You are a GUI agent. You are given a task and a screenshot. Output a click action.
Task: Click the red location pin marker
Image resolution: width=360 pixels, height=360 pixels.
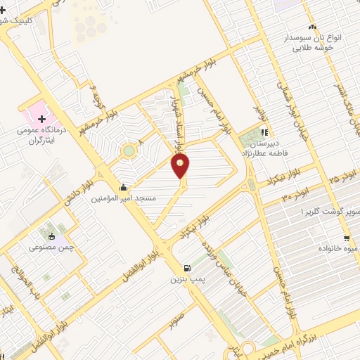(180, 166)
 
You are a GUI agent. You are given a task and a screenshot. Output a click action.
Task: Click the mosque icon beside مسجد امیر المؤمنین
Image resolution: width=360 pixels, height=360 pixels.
(124, 187)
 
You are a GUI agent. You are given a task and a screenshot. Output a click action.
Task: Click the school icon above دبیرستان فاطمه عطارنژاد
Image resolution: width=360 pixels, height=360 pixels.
(264, 131)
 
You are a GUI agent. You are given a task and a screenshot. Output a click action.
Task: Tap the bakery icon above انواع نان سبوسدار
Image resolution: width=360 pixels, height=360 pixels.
(312, 27)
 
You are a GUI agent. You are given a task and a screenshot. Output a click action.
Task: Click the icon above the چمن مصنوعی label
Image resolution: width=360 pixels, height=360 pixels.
(51, 236)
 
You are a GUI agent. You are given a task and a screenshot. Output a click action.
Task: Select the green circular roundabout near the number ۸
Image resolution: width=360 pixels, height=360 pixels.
(128, 150)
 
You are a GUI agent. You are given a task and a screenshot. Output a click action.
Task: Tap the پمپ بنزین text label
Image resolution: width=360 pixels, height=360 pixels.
(186, 279)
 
